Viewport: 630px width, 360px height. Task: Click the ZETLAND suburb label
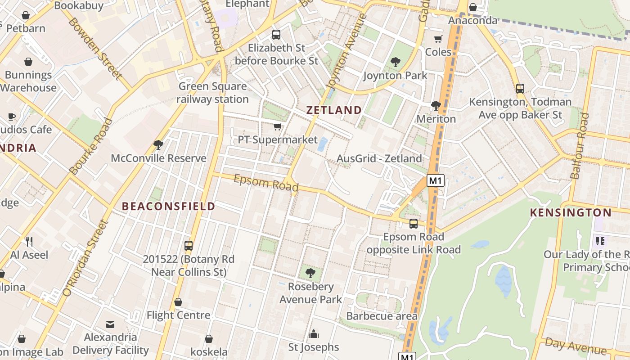tap(334, 110)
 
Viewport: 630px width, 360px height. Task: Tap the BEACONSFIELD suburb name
tap(169, 207)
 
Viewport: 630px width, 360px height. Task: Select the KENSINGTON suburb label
tap(571, 212)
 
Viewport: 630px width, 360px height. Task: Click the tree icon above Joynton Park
tap(395, 62)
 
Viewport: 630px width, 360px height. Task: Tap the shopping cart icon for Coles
tap(438, 39)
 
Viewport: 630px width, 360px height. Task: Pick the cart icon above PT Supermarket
tap(278, 127)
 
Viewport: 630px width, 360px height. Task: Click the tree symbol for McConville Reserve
tap(158, 145)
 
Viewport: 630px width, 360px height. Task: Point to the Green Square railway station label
tap(212, 93)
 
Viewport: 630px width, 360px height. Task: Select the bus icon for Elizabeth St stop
tap(276, 34)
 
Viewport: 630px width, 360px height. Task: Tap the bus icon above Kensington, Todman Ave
tap(520, 89)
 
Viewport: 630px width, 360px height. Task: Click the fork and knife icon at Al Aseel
tap(29, 242)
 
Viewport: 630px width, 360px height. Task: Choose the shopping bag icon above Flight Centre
tap(178, 302)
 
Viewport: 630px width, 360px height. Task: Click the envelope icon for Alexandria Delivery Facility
tap(110, 324)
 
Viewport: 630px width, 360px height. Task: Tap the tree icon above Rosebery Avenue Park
tap(310, 273)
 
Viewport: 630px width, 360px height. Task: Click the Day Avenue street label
tap(576, 346)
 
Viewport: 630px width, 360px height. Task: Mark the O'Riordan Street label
tap(86, 258)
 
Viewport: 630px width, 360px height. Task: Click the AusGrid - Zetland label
tap(379, 158)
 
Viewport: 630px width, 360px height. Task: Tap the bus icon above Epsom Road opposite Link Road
tap(413, 224)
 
